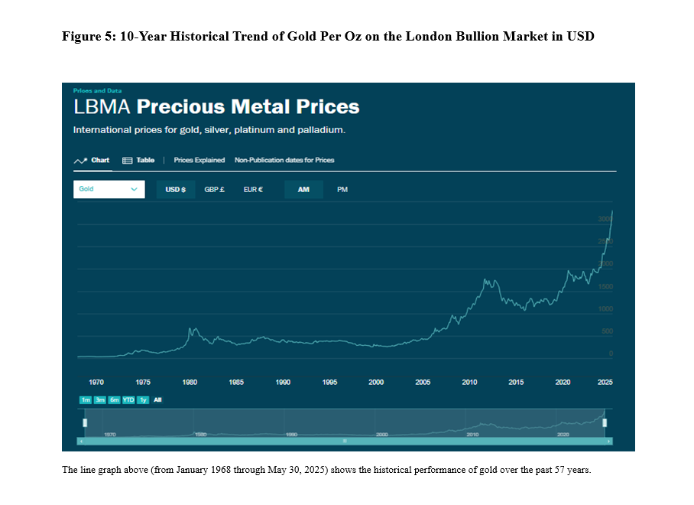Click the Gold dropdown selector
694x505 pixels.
click(109, 189)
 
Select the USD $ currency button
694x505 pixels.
click(176, 190)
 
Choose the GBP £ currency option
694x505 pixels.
click(213, 190)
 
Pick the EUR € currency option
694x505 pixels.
click(253, 190)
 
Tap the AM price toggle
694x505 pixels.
click(303, 190)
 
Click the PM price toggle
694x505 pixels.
click(342, 190)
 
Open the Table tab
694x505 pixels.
click(139, 161)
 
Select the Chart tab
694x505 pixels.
click(92, 161)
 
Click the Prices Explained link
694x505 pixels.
click(199, 161)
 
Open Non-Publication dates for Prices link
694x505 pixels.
click(284, 161)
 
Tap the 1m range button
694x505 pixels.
click(85, 399)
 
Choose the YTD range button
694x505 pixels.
click(128, 399)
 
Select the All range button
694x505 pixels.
click(157, 399)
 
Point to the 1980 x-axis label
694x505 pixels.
click(190, 382)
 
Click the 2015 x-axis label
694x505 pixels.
click(516, 382)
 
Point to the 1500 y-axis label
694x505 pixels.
click(605, 287)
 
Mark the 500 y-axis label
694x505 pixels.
click(607, 331)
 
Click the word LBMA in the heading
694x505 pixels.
click(102, 106)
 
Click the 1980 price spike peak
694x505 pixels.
click(190, 329)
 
